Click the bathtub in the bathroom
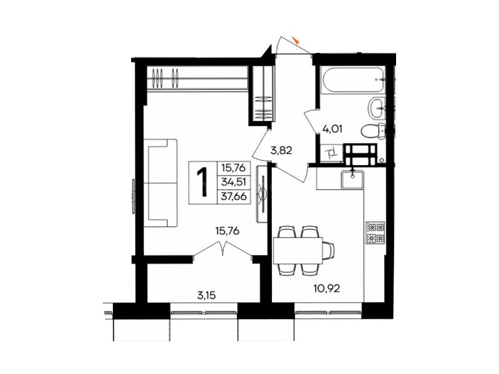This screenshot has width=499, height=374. (353, 80)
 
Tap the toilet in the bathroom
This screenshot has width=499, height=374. (373, 130)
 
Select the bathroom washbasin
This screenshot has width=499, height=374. (377, 108)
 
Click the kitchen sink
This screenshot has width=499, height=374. (352, 180)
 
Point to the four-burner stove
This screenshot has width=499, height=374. (376, 233)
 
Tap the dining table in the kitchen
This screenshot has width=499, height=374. (298, 250)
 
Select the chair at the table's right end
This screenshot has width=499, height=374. (329, 250)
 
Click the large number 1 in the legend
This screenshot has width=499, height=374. (202, 182)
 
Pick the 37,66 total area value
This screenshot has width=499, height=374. (234, 196)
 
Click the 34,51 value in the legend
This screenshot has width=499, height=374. (234, 182)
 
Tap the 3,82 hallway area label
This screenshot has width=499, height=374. (281, 150)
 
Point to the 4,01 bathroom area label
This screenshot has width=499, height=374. (332, 130)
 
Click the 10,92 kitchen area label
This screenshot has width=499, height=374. (326, 289)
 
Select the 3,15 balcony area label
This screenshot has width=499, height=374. (206, 295)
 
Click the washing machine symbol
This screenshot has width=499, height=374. (331, 154)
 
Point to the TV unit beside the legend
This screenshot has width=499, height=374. (262, 194)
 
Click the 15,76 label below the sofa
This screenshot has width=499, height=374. (227, 231)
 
